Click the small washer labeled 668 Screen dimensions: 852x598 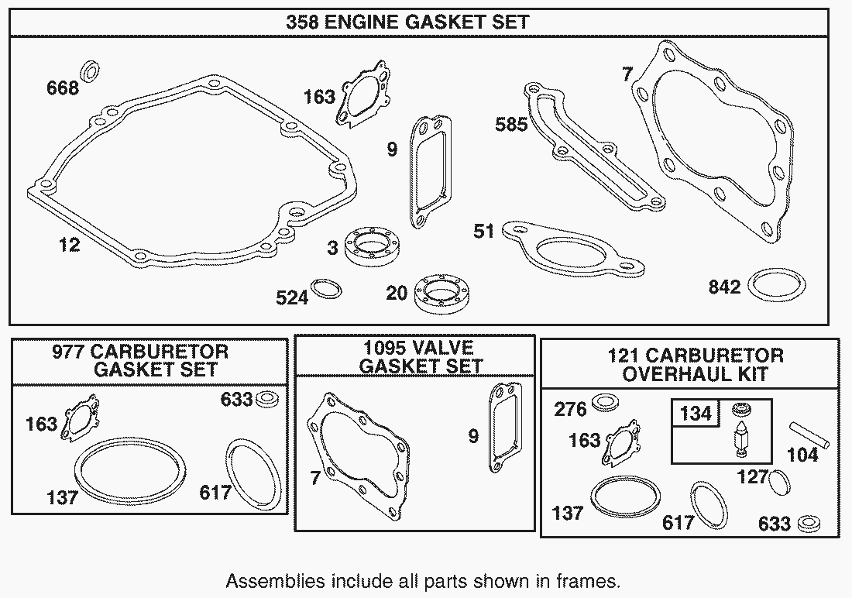coord(90,70)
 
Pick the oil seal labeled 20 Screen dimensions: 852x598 coord(443,294)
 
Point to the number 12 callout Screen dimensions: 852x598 coord(70,245)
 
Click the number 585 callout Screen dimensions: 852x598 coord(510,125)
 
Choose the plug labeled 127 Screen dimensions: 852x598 coord(780,481)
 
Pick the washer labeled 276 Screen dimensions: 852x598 coord(604,403)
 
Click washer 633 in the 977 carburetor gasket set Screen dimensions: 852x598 coord(267,399)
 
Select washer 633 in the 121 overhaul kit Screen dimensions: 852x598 coord(809,524)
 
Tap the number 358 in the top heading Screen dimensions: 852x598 coord(303,22)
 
